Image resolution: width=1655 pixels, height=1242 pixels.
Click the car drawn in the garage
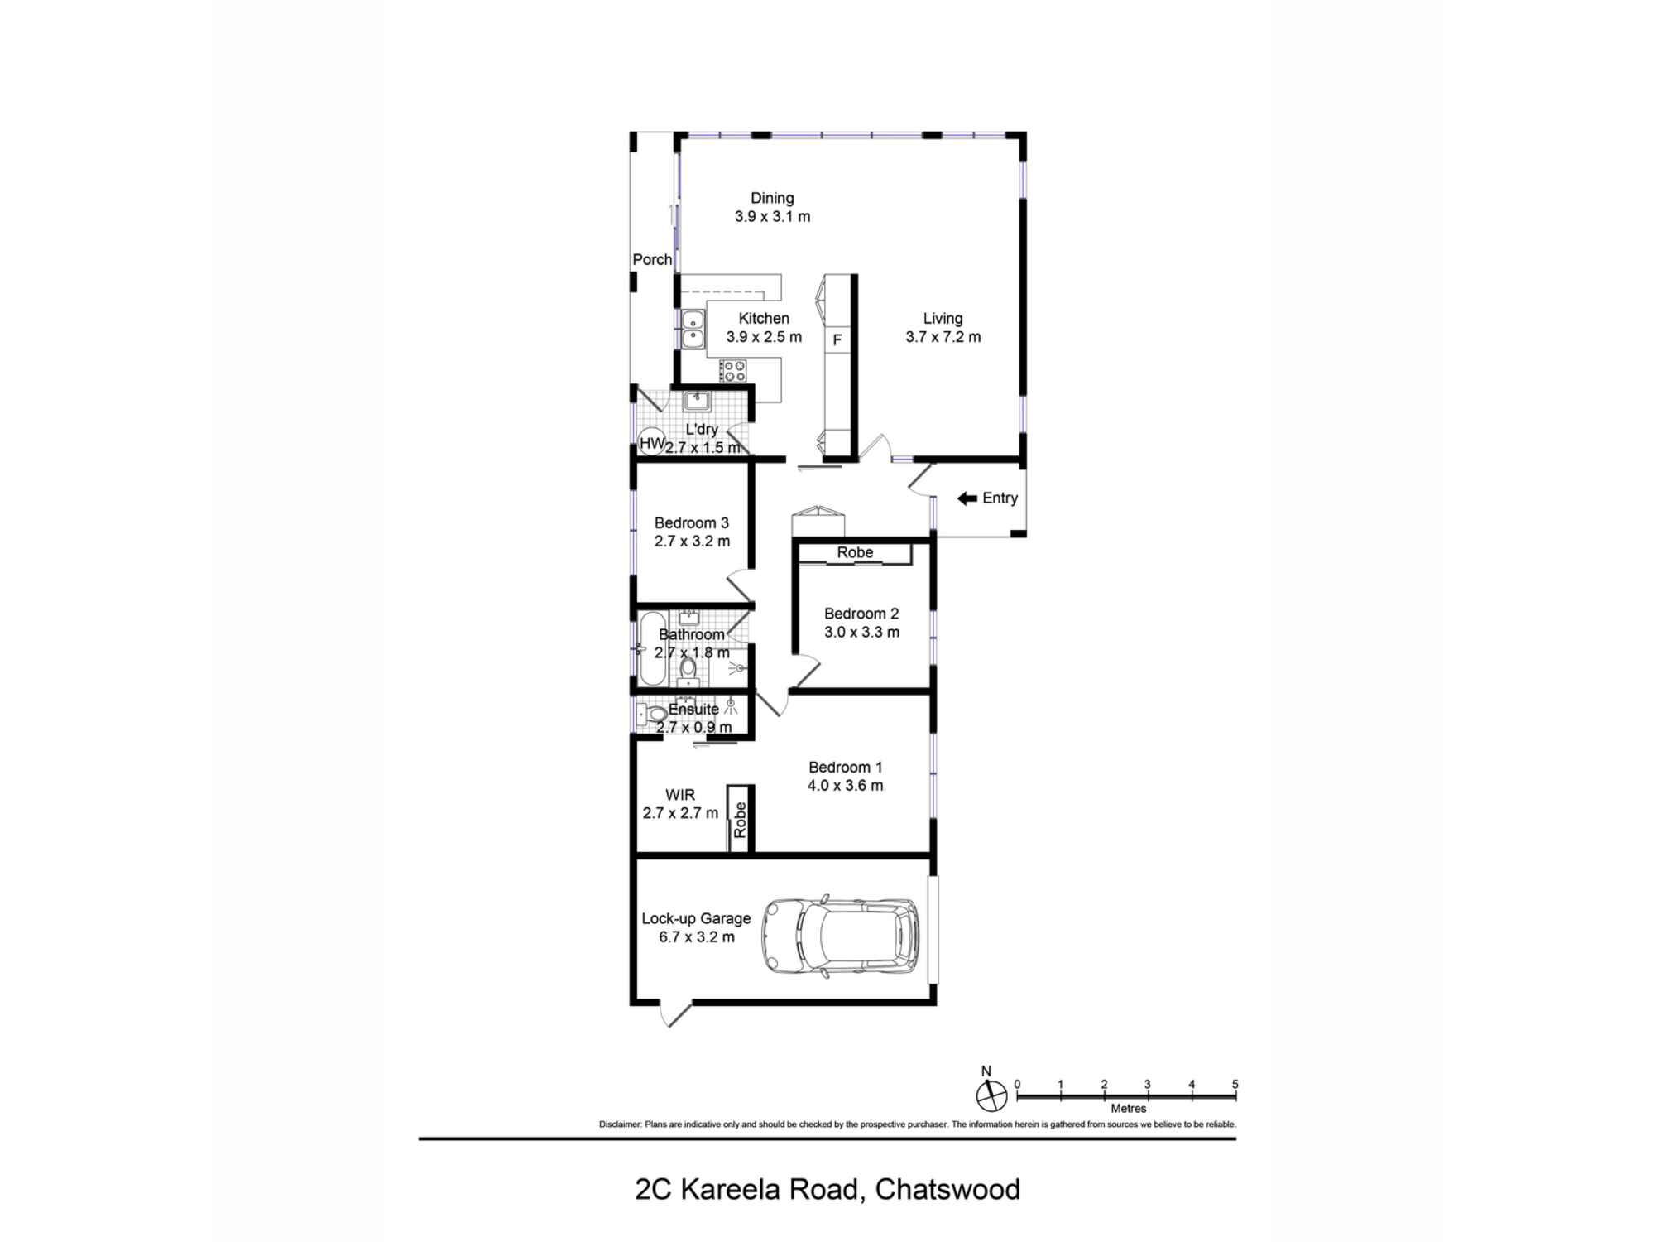(841, 936)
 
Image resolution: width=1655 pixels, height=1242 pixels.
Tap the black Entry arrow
(967, 498)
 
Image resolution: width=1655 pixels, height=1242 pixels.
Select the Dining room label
(771, 198)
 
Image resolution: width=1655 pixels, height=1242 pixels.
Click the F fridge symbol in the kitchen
(837, 339)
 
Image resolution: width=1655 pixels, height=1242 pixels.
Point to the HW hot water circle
(651, 443)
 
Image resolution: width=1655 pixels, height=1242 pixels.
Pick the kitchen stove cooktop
(732, 370)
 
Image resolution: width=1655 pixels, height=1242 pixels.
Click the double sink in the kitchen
(693, 329)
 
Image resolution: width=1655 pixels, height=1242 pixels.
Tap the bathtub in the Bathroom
(652, 648)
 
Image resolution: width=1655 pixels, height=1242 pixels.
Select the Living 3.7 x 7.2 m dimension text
(943, 337)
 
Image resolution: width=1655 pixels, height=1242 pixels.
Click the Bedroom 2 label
(861, 614)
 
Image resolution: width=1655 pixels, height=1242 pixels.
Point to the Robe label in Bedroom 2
(854, 552)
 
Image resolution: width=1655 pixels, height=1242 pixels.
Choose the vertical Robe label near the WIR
(740, 820)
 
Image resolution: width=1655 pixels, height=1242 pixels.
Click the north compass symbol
(991, 1095)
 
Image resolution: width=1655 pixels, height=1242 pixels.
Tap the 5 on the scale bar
(1235, 1084)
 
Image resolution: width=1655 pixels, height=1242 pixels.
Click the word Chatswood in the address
(947, 1189)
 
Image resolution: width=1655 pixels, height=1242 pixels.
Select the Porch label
(652, 259)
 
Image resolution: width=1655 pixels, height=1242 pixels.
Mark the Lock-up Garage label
(696, 918)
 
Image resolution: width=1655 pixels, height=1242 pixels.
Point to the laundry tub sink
(696, 402)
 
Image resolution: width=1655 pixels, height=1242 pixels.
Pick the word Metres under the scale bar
(1128, 1108)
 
